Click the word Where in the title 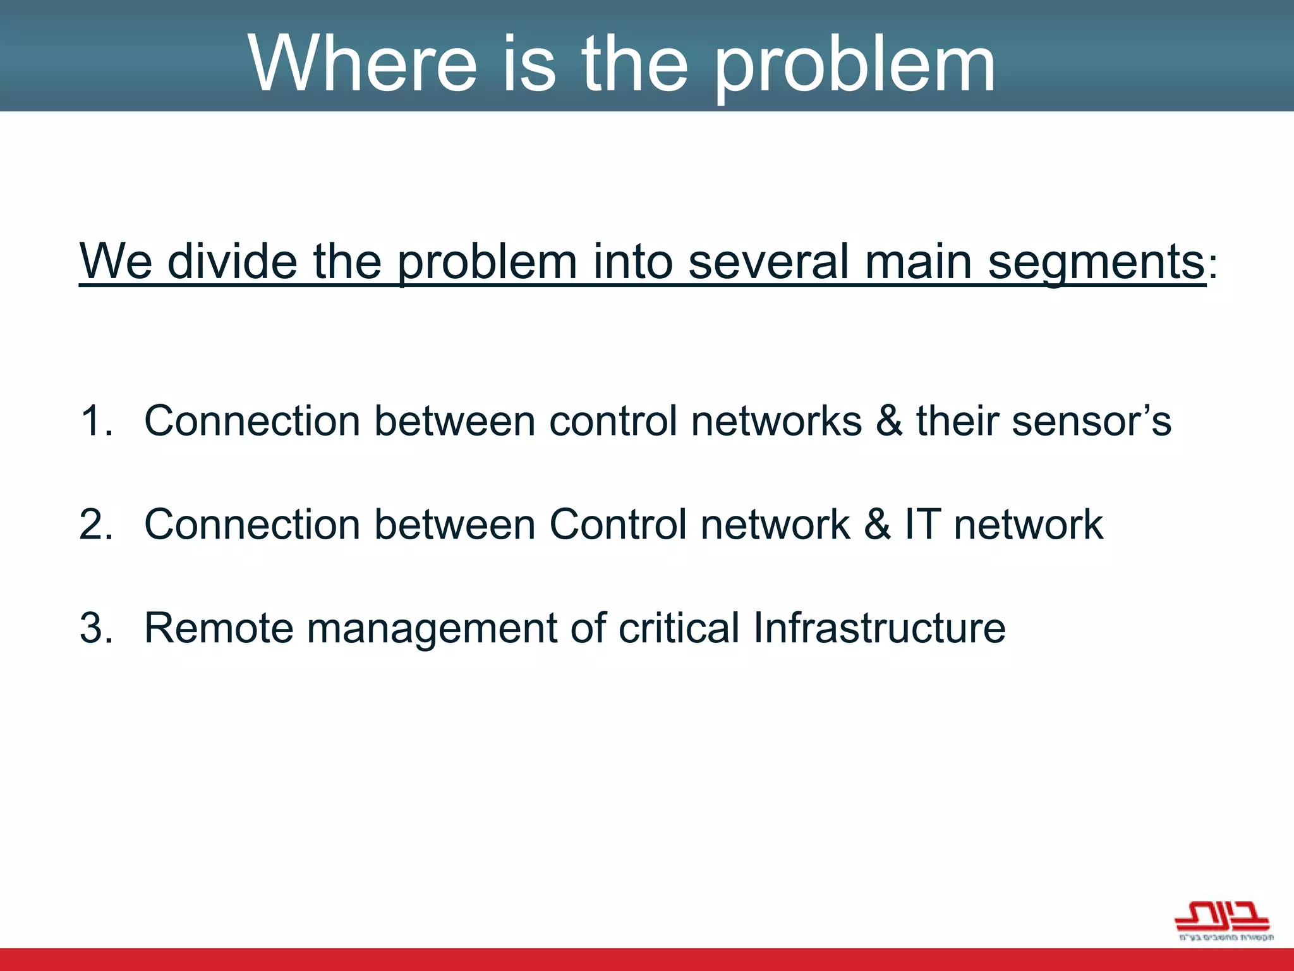point(362,63)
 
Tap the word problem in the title point(856,64)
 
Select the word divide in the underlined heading point(233,261)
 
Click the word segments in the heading point(1096,262)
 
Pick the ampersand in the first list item point(889,421)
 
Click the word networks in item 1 point(776,421)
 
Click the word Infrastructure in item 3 point(879,628)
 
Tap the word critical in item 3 point(679,628)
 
